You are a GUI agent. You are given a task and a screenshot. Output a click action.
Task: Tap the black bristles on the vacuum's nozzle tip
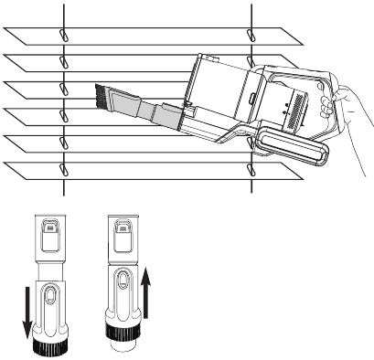[x=102, y=93]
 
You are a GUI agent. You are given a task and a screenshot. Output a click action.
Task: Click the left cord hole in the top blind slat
[x=63, y=35]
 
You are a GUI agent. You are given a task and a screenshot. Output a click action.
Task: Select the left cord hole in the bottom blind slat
[x=63, y=170]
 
